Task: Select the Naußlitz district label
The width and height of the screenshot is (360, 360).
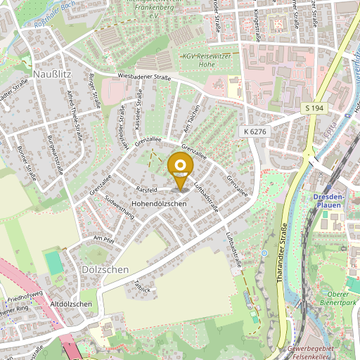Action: [x=52, y=72]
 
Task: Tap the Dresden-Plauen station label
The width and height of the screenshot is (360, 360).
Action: [x=327, y=200]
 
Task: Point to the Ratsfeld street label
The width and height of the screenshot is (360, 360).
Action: [x=146, y=189]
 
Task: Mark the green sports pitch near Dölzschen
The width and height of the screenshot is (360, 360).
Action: [x=53, y=263]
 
